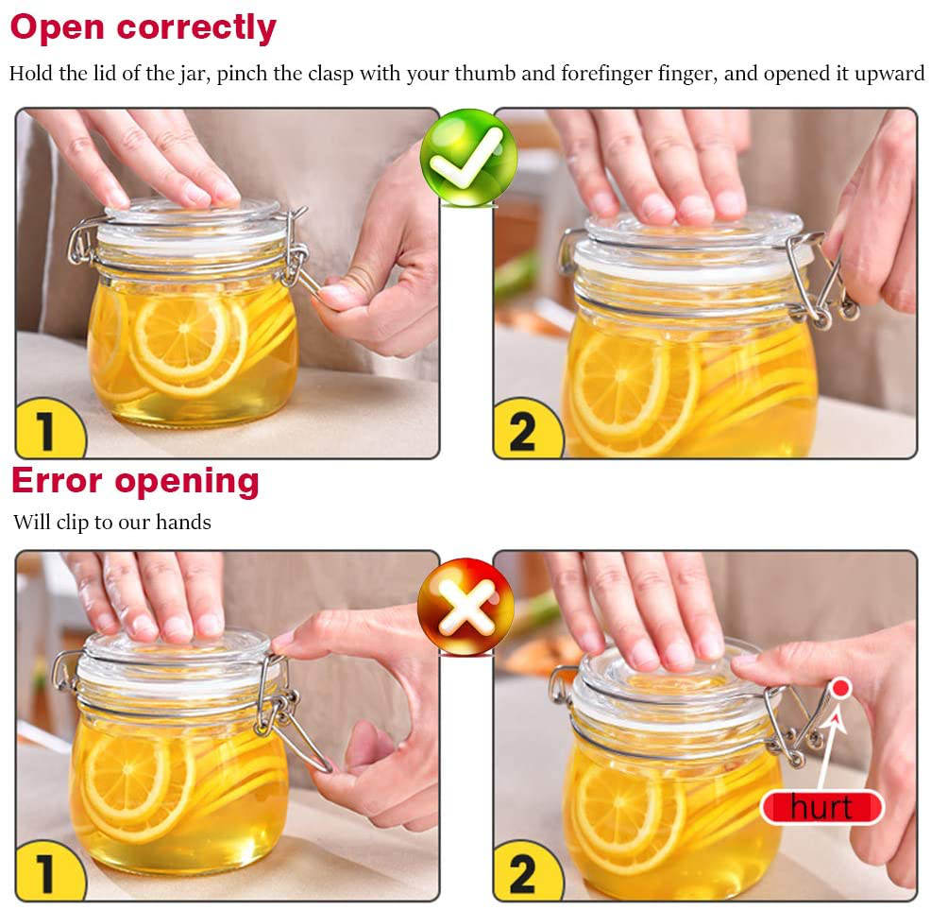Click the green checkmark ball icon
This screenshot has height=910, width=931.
click(467, 157)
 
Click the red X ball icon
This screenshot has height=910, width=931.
click(466, 606)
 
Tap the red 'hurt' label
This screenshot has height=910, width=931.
click(821, 807)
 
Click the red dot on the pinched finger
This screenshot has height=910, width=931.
click(839, 688)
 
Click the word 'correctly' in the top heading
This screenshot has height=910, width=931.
click(195, 27)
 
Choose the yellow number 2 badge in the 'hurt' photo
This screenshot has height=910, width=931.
click(522, 873)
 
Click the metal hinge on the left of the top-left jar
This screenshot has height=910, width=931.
click(80, 241)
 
